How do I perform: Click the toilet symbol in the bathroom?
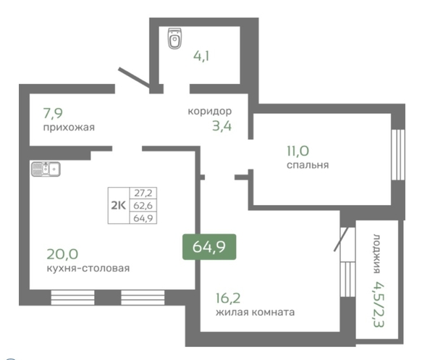point(174,38)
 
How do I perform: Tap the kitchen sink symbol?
point(46,169)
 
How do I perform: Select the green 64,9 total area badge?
point(209,247)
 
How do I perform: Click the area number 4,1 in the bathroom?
point(201,56)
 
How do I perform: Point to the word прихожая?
point(69,127)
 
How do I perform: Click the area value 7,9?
point(53,113)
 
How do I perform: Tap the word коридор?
point(210,111)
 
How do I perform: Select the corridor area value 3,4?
point(222,126)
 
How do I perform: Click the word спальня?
point(308,165)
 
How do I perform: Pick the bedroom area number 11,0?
point(298,151)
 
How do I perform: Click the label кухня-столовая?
point(88,268)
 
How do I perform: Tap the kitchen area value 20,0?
point(62,254)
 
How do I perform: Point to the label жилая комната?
point(255,312)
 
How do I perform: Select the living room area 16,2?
point(228,298)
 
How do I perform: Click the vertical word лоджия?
point(377,254)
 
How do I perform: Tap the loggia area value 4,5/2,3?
point(379,304)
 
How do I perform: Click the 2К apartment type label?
point(118,205)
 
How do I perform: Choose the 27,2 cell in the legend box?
point(143,193)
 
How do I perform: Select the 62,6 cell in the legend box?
point(143,205)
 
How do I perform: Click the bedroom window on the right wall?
point(398,154)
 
